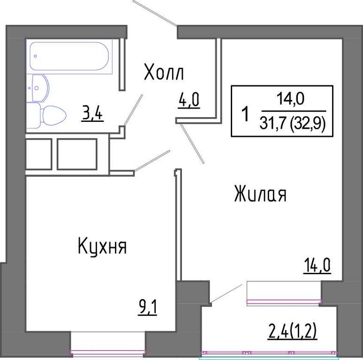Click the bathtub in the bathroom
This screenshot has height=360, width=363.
pos(69,56)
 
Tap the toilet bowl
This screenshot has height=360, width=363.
pos(46,115)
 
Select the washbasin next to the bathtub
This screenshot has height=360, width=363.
pos(38,88)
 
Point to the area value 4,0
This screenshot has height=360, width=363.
pos(189,100)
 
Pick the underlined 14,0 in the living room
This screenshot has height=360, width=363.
pos(317,266)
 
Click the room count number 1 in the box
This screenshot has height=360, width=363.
pos(245,114)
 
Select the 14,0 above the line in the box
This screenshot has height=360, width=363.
pos(290,99)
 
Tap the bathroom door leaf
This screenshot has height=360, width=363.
pos(133,110)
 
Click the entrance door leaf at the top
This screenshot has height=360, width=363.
pos(155,13)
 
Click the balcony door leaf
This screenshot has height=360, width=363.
pos(226,293)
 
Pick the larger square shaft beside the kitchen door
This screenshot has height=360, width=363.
pos(77,154)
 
